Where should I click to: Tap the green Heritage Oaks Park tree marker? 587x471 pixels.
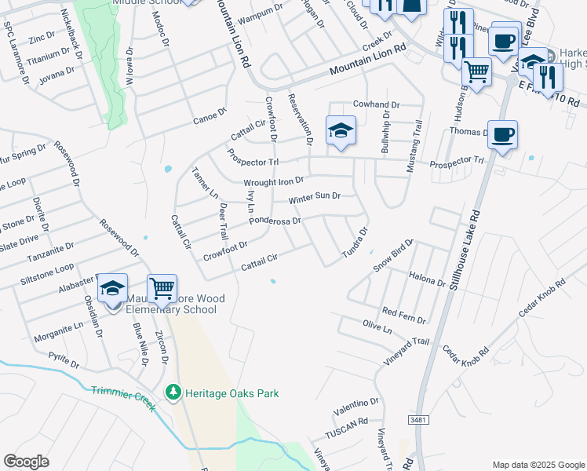173,391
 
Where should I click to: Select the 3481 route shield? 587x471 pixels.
419,422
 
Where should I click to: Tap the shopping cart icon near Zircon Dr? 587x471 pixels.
162,288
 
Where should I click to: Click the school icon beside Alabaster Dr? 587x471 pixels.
113,288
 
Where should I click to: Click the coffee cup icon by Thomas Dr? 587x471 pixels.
502,134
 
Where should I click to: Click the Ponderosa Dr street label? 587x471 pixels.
275,221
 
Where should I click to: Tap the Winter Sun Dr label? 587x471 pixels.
314,197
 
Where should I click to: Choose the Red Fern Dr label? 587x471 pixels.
403,315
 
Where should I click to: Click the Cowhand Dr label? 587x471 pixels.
377,104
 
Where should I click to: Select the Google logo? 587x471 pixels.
27,462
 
